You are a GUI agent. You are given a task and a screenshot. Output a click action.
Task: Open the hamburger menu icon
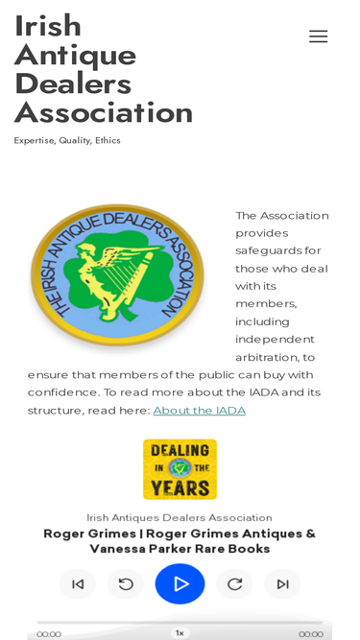318,36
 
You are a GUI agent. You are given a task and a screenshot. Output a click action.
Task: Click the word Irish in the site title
48,26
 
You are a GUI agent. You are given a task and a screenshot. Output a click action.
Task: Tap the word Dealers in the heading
73,83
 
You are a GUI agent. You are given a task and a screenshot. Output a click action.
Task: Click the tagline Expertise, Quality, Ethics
67,140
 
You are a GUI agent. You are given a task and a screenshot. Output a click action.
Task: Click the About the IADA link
199,411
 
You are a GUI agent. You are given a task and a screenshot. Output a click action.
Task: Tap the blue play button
180,583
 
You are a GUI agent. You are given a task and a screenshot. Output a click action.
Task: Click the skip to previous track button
78,583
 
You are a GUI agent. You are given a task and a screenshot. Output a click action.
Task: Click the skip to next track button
282,583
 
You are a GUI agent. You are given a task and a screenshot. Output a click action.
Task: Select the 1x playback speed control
180,633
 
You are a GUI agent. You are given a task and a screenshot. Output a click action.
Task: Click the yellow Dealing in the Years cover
180,469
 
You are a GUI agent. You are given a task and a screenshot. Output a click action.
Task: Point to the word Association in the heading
104,113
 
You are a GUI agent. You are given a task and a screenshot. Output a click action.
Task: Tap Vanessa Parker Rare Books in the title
180,549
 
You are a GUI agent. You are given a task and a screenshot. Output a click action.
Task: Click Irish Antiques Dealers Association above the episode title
180,518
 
